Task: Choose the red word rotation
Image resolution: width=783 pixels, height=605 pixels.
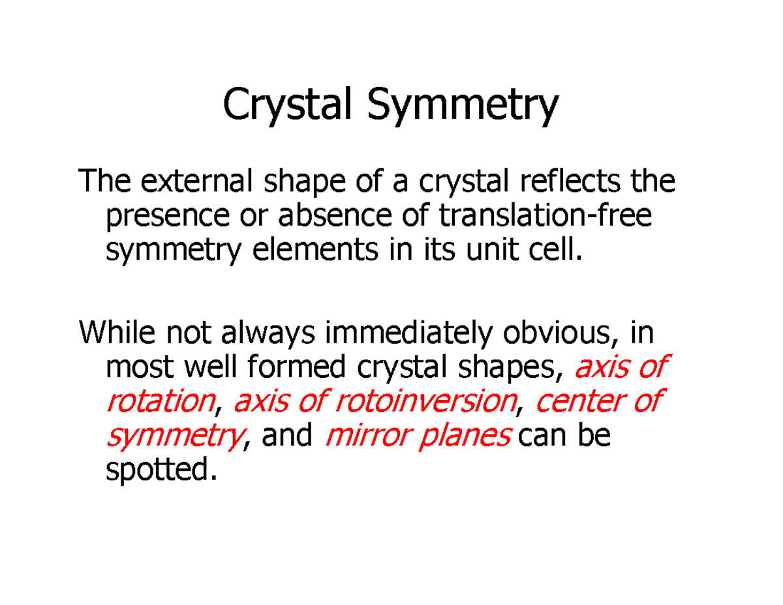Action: coord(159,401)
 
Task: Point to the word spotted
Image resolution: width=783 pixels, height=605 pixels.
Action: coord(159,469)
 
